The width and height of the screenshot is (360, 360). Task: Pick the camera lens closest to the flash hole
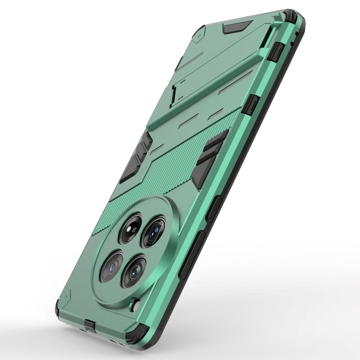[x=134, y=271]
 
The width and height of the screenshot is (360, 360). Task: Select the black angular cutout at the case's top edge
[x=237, y=27]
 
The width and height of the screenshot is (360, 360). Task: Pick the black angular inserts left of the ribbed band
[x=136, y=157]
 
